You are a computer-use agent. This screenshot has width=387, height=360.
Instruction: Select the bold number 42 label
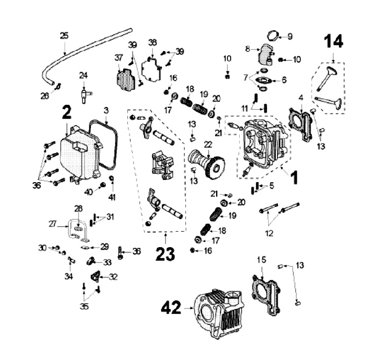tap(173, 308)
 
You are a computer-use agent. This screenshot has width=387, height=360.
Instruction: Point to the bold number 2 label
tap(66, 112)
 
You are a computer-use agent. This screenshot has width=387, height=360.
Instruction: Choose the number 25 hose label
tap(64, 36)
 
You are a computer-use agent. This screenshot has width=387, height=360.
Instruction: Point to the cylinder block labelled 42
tap(220, 314)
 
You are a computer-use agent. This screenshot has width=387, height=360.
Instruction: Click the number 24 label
tap(83, 75)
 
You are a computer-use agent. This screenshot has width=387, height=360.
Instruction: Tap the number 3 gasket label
tap(106, 110)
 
